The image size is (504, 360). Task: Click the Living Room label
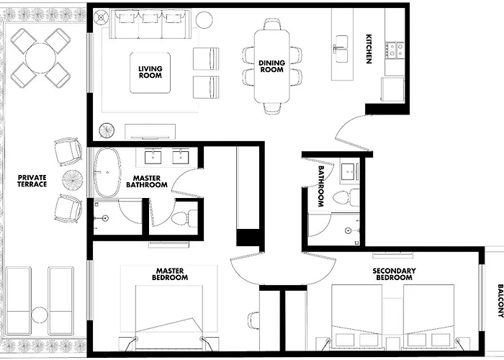(x=150, y=72)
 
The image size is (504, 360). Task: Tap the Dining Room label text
(x=272, y=66)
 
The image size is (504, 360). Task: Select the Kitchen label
(x=369, y=49)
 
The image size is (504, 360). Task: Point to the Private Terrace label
(x=32, y=181)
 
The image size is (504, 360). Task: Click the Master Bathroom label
(x=147, y=181)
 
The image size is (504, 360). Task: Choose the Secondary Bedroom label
(x=394, y=274)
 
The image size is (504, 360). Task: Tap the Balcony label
(x=500, y=301)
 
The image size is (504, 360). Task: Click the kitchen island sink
(x=342, y=48)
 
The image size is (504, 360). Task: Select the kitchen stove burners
(x=396, y=50)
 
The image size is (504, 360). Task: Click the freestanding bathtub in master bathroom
(x=107, y=173)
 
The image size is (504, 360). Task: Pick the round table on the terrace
(x=41, y=58)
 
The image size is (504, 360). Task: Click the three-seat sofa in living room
(x=150, y=24)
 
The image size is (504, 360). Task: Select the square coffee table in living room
(x=150, y=73)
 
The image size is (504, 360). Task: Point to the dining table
(x=272, y=66)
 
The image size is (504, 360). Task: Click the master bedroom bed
(x=169, y=318)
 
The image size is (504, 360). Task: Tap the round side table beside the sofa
(x=204, y=20)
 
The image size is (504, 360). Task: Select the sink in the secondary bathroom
(x=349, y=171)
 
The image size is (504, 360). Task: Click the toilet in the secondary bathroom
(x=346, y=198)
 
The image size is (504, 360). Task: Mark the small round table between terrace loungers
(x=40, y=315)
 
